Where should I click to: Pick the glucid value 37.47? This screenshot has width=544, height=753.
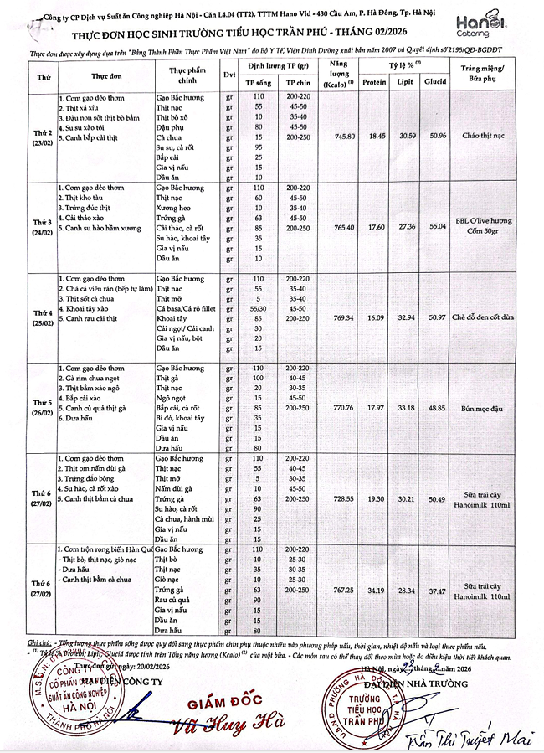tap(436, 590)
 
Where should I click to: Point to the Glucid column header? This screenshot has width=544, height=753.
tap(436, 83)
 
